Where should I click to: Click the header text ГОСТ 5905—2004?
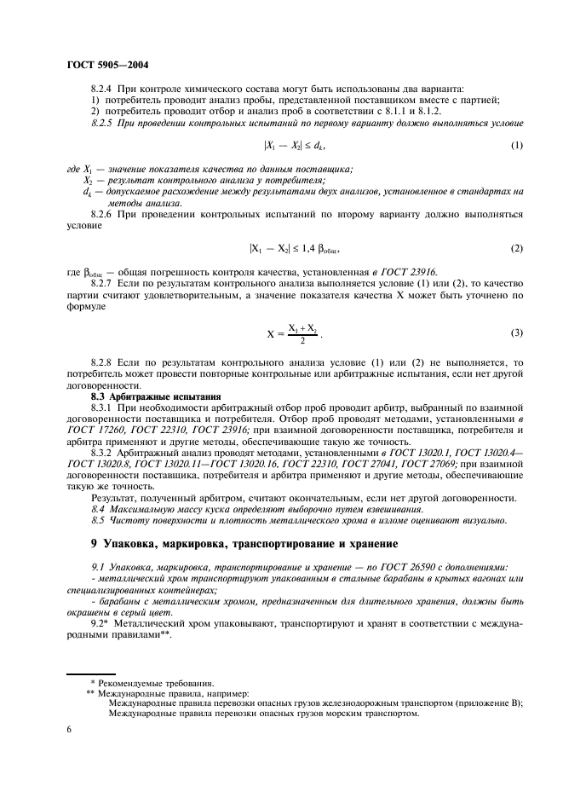click(104, 64)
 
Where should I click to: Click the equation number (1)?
click(515, 146)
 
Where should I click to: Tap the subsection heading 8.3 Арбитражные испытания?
click(156, 396)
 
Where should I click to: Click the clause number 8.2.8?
click(104, 362)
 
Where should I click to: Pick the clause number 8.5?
click(99, 520)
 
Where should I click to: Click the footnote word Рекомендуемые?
click(141, 683)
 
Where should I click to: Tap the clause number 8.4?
click(99, 508)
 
